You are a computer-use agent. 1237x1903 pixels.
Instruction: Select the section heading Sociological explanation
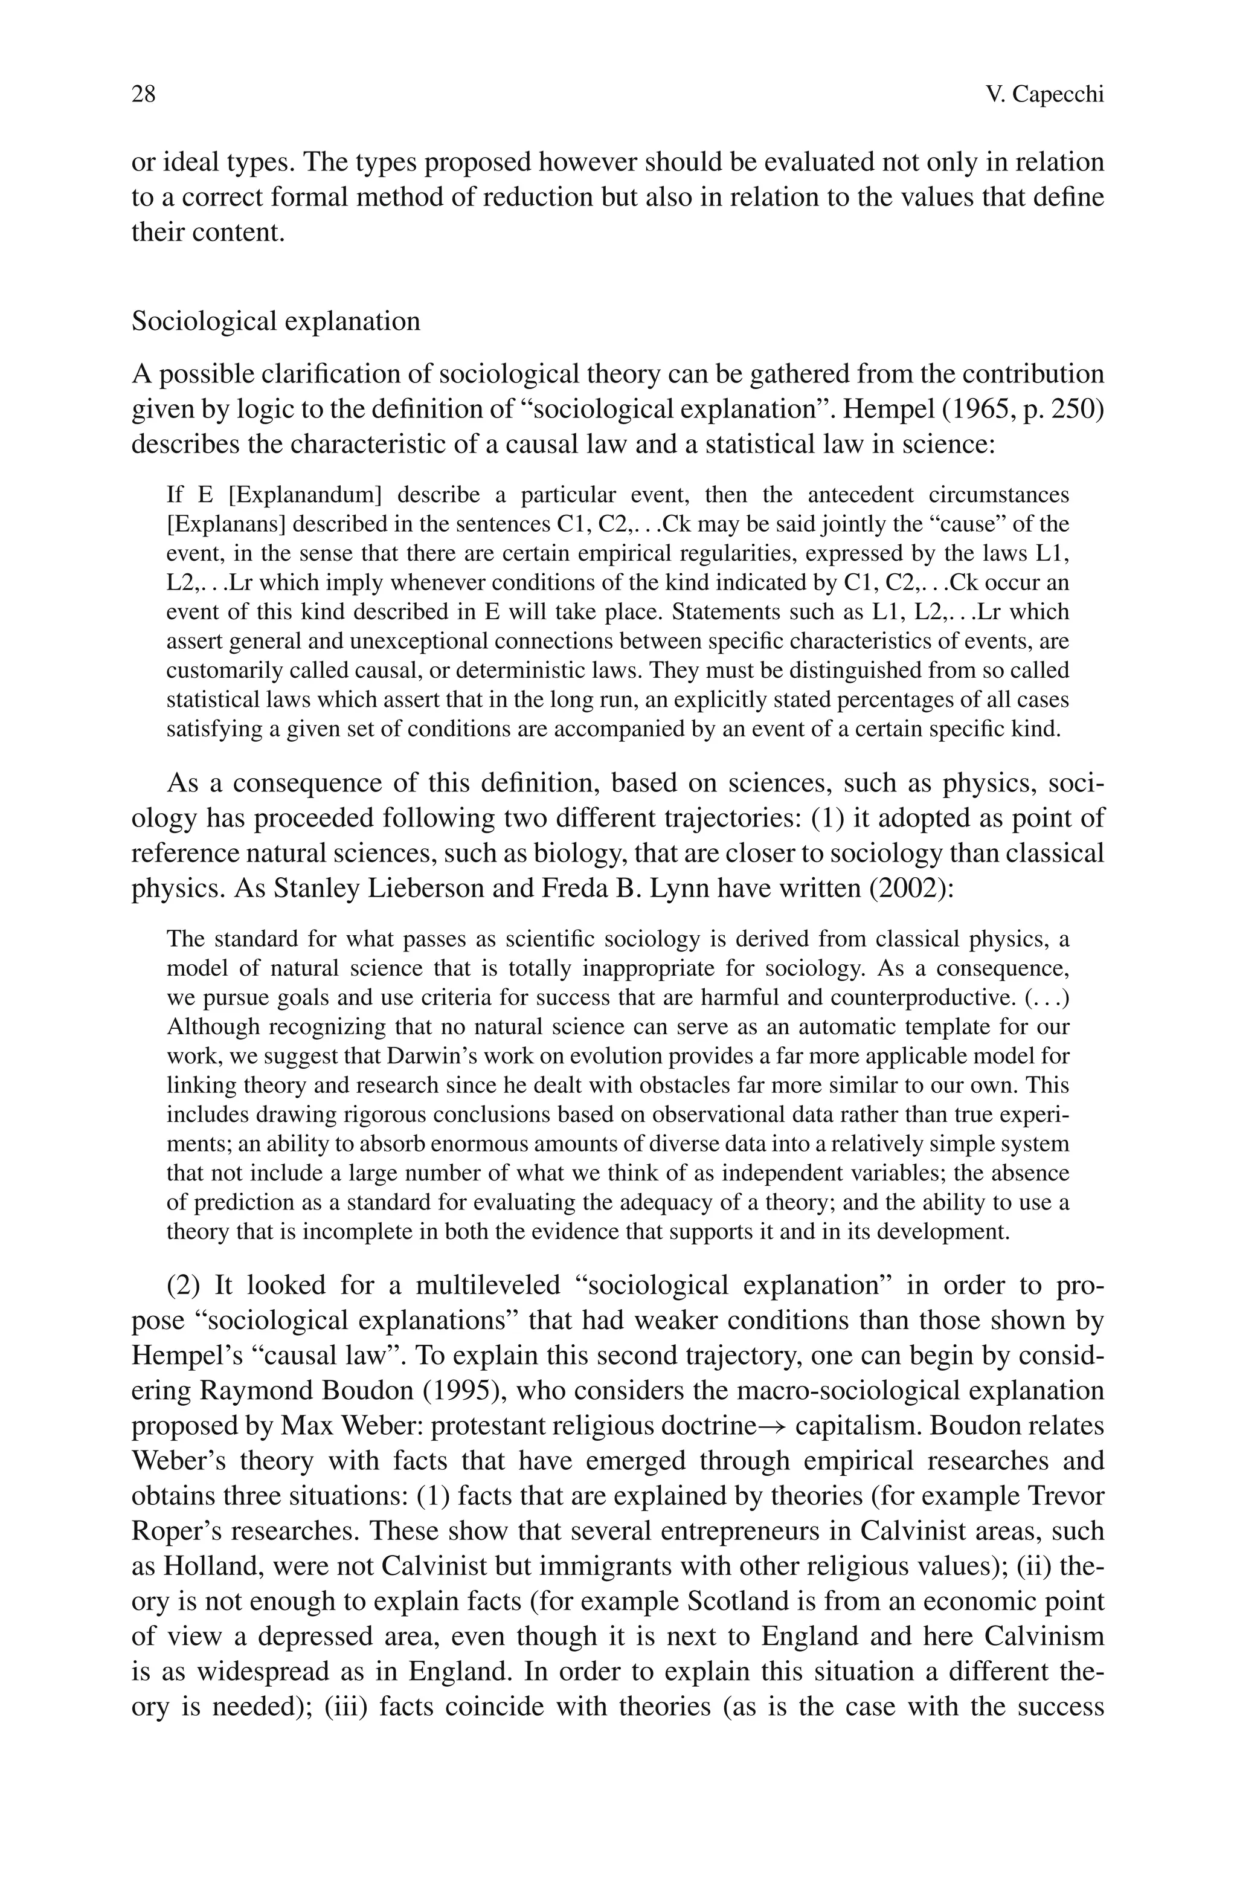[276, 321]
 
